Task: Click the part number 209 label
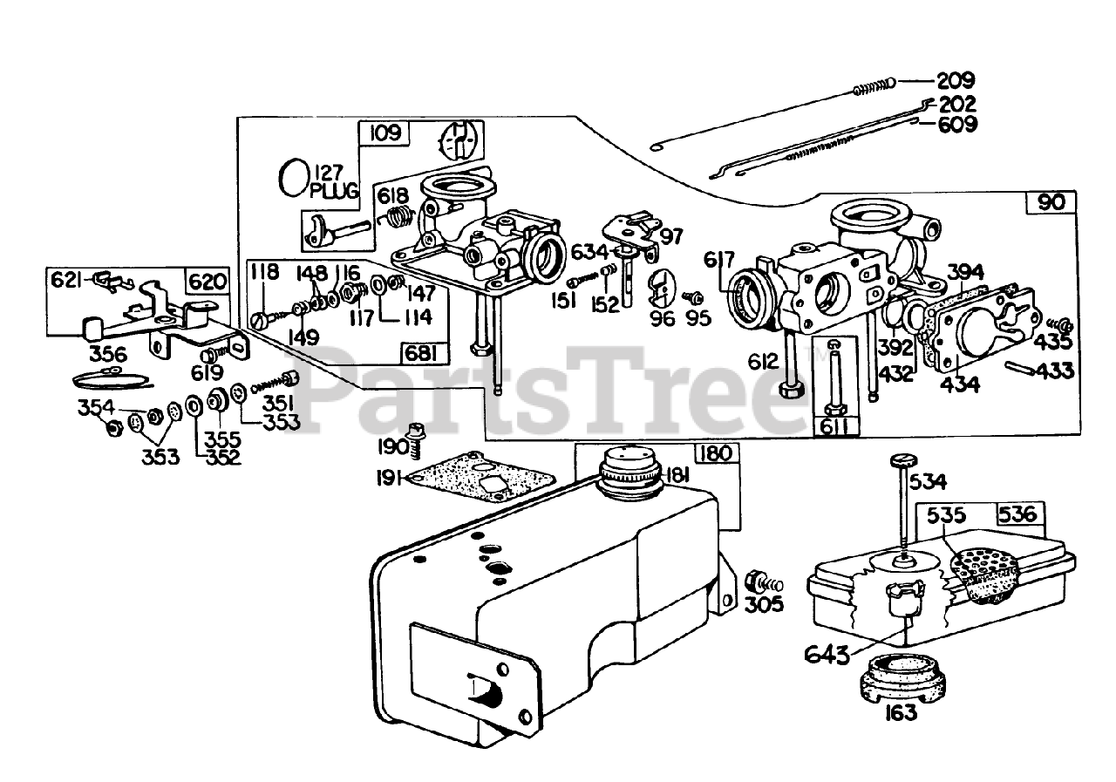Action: pyautogui.click(x=956, y=82)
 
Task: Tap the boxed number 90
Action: pyautogui.click(x=1051, y=202)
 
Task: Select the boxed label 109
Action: pyautogui.click(x=384, y=133)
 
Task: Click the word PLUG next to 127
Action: pyautogui.click(x=334, y=191)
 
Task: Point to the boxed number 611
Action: pyautogui.click(x=834, y=427)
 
